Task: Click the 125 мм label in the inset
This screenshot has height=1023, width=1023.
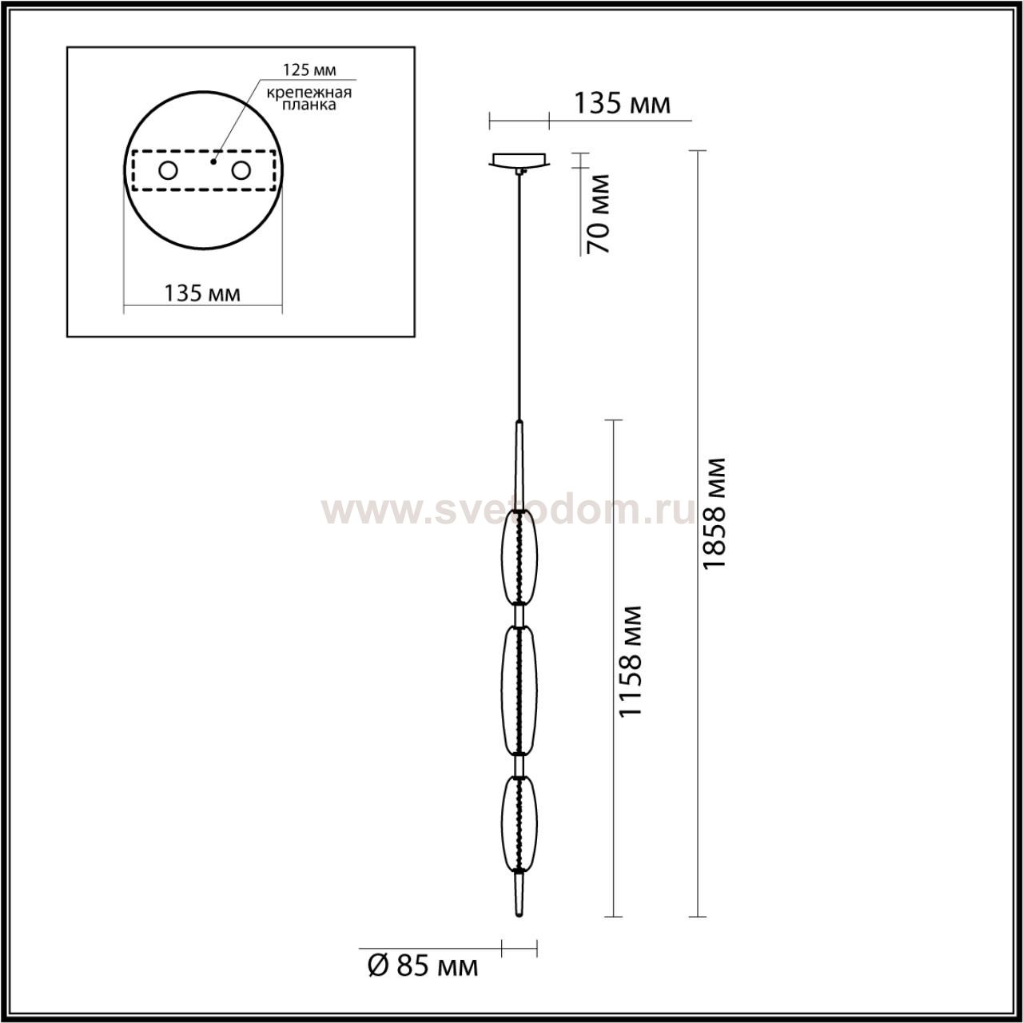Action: pos(309,70)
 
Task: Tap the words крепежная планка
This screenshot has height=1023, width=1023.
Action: pos(309,99)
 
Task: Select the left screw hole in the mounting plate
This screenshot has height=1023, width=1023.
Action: pos(169,171)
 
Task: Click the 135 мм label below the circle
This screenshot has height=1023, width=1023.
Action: pos(202,293)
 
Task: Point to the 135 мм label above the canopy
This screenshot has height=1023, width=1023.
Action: pos(623,104)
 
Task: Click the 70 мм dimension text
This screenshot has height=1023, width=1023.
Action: pos(598,213)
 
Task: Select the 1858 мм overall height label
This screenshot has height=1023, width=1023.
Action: pos(713,513)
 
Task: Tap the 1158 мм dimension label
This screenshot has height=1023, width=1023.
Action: pos(630,661)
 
